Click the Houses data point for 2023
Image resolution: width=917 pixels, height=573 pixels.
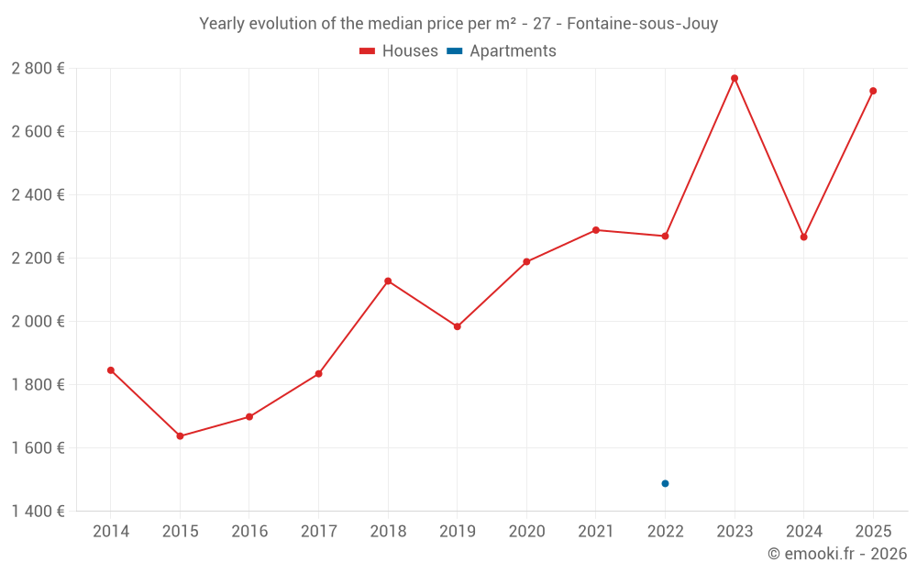735,78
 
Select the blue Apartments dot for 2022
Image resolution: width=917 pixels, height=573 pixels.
665,483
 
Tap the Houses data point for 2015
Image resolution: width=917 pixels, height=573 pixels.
180,435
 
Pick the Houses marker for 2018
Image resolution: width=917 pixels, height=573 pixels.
388,281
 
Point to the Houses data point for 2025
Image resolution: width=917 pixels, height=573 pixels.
873,91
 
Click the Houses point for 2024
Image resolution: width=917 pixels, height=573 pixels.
803,237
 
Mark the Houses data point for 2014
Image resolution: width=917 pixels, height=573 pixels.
111,370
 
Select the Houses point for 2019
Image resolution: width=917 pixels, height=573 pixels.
458,326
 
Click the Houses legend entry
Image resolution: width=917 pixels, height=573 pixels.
399,51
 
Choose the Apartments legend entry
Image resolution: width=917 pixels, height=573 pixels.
502,51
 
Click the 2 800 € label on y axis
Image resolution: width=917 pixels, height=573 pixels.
38,68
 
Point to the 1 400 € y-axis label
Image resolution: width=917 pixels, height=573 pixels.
38,511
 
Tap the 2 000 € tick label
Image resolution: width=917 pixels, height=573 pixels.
38,321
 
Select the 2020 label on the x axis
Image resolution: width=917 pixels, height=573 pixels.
526,532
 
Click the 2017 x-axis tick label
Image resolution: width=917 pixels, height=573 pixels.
318,532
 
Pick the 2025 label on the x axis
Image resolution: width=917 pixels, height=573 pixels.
873,532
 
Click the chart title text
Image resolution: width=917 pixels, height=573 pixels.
458,24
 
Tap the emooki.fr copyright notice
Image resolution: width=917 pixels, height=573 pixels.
836,554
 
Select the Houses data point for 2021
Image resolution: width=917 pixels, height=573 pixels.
596,230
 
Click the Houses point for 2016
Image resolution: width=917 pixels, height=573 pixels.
249,416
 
